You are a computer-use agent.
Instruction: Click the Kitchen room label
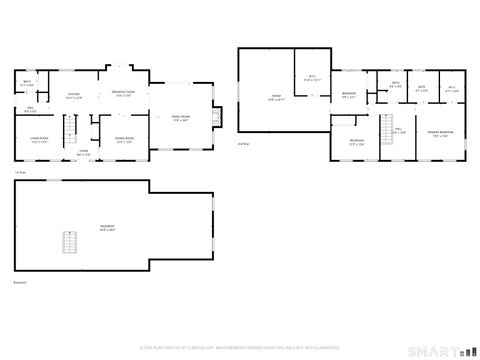coord(74,96)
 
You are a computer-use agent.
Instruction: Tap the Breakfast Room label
coord(122,95)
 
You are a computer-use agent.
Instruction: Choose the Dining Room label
coord(123,141)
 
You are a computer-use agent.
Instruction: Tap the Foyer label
coord(84,153)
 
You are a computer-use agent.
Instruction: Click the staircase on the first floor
coord(70,127)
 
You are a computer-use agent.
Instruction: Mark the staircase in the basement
coord(69,241)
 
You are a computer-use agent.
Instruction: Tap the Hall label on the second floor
coord(401,130)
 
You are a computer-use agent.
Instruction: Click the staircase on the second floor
coord(384,127)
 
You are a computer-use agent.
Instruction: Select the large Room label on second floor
coord(277,97)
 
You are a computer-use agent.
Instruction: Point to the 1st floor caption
coord(20,172)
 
